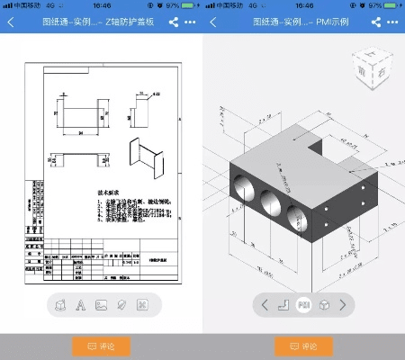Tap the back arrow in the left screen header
(11, 22)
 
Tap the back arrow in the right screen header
(213, 22)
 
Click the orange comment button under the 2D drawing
(101, 346)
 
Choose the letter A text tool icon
(81, 305)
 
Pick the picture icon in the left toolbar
(101, 305)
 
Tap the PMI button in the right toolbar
(304, 305)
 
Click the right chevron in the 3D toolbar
(342, 305)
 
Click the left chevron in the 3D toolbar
(265, 305)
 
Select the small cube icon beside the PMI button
(324, 305)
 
